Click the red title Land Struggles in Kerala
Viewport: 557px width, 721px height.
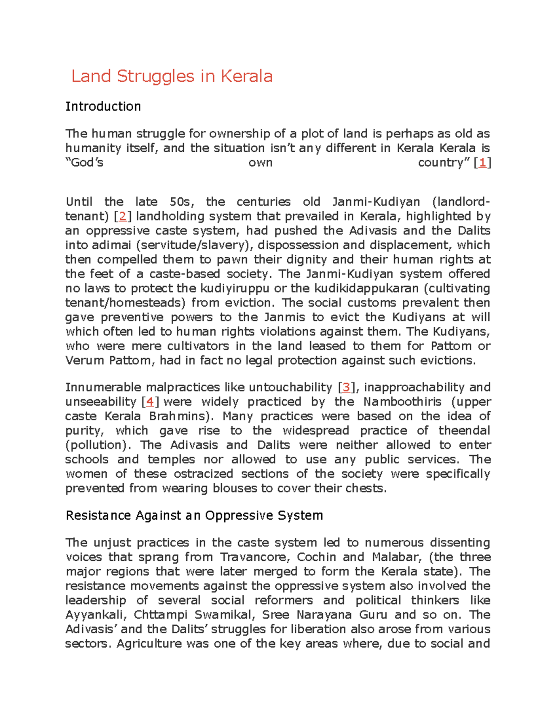pyautogui.click(x=172, y=76)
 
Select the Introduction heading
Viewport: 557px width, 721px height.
pyautogui.click(x=103, y=106)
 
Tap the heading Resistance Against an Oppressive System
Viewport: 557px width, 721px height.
pyautogui.click(x=194, y=515)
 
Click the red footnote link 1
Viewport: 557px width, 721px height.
pyautogui.click(x=483, y=162)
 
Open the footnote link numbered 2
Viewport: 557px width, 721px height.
pyautogui.click(x=123, y=216)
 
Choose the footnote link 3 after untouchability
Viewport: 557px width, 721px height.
pyautogui.click(x=346, y=387)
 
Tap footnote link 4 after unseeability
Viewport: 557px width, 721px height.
pyautogui.click(x=149, y=402)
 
